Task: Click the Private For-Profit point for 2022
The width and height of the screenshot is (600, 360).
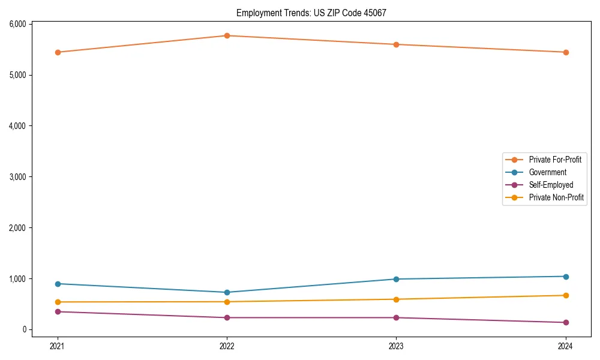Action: pos(227,35)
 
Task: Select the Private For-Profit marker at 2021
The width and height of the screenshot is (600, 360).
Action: pos(58,52)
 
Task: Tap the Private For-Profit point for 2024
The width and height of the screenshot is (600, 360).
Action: pos(566,52)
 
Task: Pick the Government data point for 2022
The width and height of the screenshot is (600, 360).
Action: pos(227,292)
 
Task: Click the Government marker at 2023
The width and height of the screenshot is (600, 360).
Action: pos(396,279)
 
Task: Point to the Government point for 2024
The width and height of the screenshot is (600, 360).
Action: pos(566,277)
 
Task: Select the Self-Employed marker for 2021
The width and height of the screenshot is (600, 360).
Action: pos(58,311)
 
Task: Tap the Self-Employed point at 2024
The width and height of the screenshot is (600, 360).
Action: pos(566,322)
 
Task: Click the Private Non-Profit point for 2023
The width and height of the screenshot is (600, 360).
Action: pos(396,299)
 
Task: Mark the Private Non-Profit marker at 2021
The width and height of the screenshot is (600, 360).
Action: pos(58,302)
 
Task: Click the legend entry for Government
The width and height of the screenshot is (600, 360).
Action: pos(547,172)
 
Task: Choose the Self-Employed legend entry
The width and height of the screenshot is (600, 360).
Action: pos(551,185)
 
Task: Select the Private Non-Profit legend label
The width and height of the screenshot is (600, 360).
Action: pos(556,197)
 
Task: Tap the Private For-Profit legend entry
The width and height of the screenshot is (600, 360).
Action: pos(554,160)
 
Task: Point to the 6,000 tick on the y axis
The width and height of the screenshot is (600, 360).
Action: pos(17,24)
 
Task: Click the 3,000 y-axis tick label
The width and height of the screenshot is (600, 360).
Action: pos(17,177)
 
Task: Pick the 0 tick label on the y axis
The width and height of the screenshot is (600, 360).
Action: pos(24,329)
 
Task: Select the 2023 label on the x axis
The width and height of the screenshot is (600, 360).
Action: pos(396,346)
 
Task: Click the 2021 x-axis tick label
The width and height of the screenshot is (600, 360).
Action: pos(58,346)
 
